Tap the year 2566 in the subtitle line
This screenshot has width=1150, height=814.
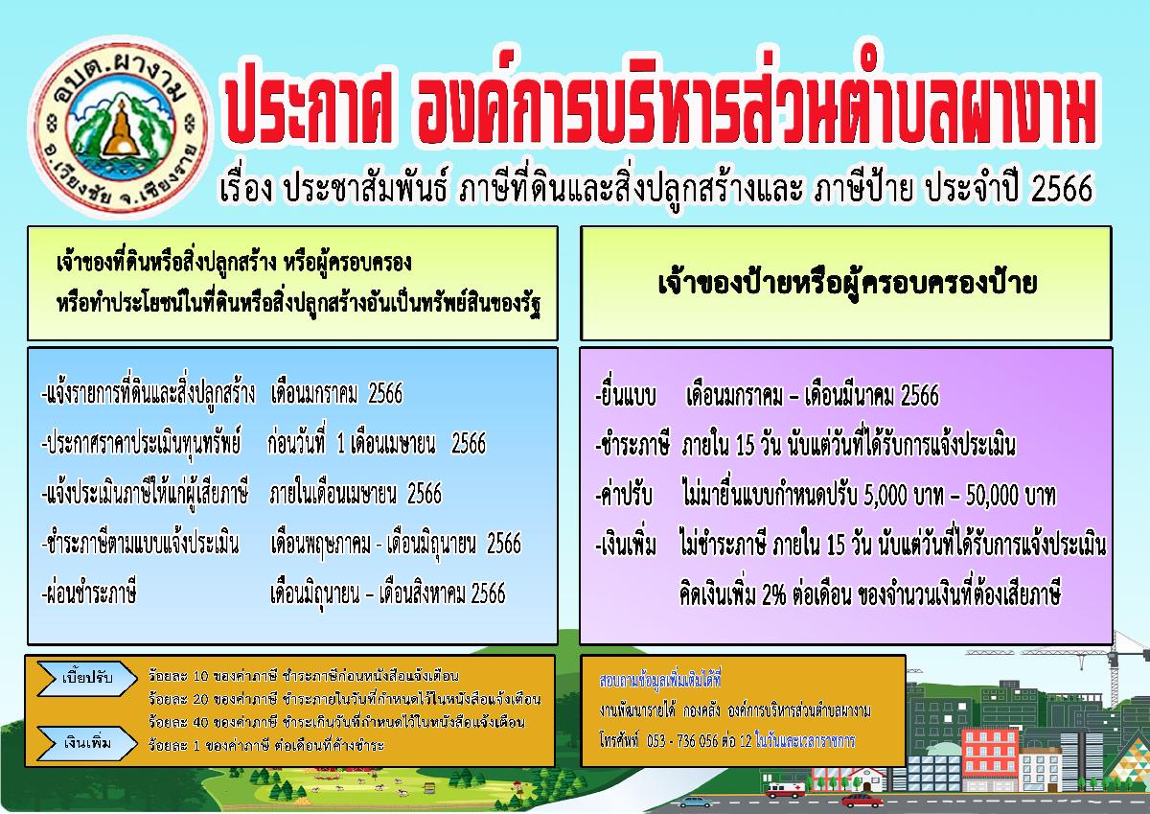(x=1062, y=189)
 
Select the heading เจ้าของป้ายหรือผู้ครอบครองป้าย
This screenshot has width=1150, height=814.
(x=847, y=284)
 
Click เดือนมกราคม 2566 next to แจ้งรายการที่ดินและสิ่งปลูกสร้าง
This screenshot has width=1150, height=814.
(x=336, y=393)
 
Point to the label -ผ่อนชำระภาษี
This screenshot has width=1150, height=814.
(x=89, y=593)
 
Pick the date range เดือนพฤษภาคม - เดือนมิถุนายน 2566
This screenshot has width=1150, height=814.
(x=396, y=544)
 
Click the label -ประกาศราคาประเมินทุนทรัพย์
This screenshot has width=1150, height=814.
(x=141, y=443)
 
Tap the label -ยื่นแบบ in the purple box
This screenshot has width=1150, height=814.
(x=626, y=395)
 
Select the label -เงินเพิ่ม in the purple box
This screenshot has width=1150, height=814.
(x=626, y=546)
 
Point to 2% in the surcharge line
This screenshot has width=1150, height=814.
(x=773, y=594)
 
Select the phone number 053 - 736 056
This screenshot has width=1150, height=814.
(x=682, y=740)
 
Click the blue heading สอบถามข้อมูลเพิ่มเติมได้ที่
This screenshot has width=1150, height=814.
(x=660, y=680)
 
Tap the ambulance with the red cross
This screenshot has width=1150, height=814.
(x=785, y=790)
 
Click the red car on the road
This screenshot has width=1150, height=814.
(x=862, y=801)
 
